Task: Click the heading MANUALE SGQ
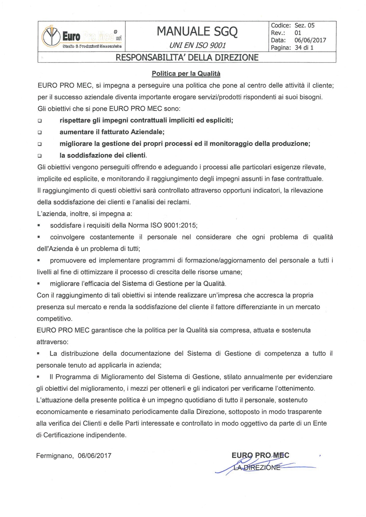197,32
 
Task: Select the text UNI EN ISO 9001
197,45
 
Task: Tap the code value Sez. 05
304,26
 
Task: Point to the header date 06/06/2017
310,40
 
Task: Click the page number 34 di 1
304,48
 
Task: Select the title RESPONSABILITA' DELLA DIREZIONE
187,57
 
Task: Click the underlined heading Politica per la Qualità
186,74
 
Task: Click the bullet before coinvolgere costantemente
38,237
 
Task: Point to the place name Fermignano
55,456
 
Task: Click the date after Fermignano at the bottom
95,456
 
